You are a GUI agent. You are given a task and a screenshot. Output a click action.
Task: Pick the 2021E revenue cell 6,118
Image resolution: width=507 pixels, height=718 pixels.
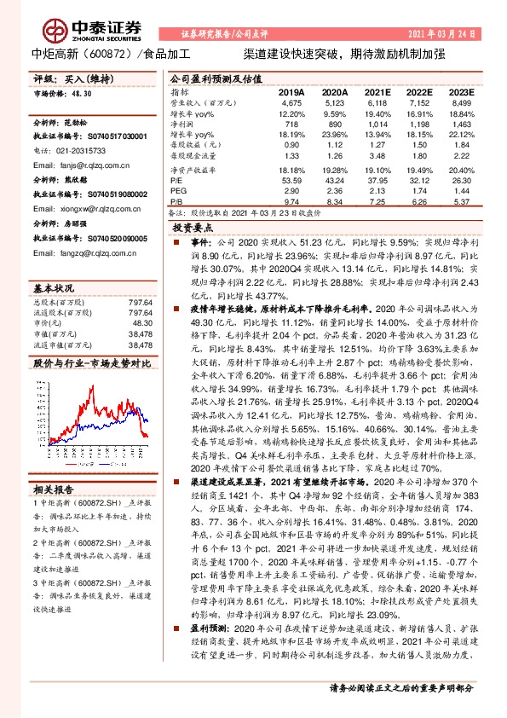pos(377,102)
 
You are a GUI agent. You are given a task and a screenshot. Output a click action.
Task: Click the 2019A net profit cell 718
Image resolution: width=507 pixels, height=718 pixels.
pos(292,124)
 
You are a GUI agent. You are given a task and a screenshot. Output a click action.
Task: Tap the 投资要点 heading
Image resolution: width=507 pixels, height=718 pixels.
pos(191,229)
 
